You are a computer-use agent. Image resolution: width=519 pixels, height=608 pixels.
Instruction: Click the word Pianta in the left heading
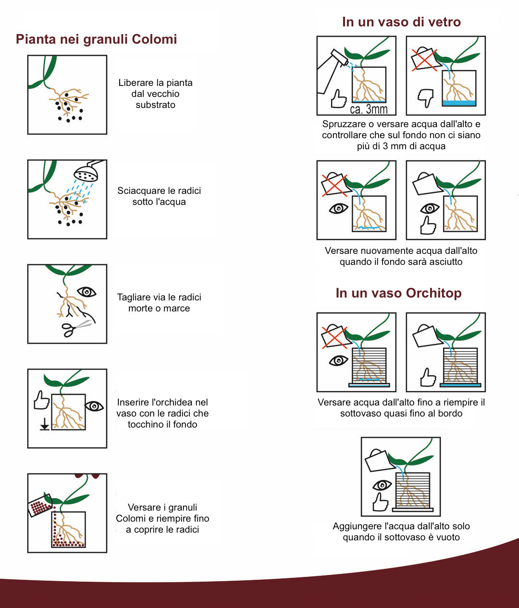[x=36, y=39]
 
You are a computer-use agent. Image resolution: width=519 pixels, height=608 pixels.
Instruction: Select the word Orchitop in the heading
[x=433, y=293]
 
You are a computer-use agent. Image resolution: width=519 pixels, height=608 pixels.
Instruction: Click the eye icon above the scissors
[x=86, y=292]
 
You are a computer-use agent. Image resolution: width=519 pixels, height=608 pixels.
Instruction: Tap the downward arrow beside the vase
[x=45, y=424]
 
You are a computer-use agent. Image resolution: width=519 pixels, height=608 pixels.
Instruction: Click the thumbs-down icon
[x=425, y=98]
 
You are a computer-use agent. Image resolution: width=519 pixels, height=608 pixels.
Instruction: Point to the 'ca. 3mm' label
[x=369, y=109]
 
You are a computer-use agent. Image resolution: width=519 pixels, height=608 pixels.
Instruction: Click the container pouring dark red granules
[x=41, y=505]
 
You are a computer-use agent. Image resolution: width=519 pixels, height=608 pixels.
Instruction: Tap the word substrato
[x=156, y=105]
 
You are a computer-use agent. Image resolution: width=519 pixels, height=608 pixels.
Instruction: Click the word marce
[x=177, y=309]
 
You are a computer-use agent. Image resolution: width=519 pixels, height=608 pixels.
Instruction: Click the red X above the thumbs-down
[x=424, y=60]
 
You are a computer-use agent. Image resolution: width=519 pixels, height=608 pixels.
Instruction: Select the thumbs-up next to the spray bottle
[x=339, y=98]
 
